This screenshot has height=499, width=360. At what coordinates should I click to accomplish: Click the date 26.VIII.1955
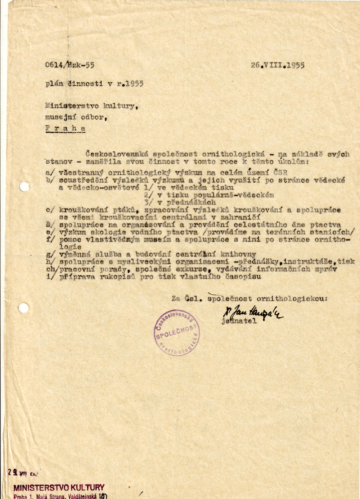[x=278, y=65]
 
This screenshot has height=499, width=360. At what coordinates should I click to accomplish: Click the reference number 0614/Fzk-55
[x=69, y=65]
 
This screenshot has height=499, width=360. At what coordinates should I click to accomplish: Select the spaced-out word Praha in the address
[x=65, y=128]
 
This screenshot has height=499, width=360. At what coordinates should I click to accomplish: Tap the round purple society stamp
[x=176, y=332]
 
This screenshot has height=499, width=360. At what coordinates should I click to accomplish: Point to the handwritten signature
[x=253, y=312]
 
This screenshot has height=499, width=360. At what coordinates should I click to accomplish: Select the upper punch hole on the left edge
[x=24, y=187]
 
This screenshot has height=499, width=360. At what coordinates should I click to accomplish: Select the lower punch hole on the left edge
[x=23, y=308]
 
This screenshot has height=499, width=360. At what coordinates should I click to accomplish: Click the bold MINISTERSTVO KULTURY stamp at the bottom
[x=59, y=487]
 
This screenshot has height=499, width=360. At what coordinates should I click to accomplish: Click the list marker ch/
[x=51, y=268]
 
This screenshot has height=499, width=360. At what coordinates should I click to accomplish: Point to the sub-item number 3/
[x=149, y=203]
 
